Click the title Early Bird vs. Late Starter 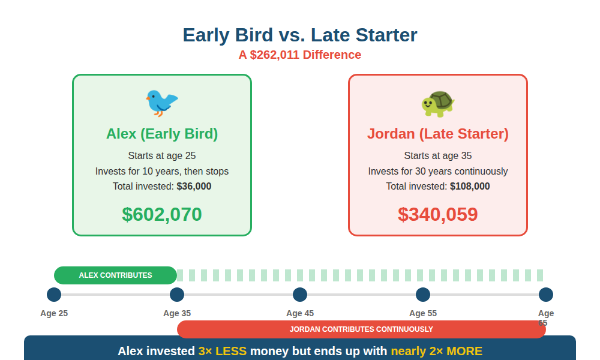[x=300, y=35]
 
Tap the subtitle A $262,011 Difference [x=300, y=55]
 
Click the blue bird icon [x=161, y=102]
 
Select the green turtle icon [x=438, y=103]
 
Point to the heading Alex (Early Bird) [x=162, y=134]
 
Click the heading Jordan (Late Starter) [x=438, y=134]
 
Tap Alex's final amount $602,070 [x=162, y=214]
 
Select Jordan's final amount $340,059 [x=438, y=214]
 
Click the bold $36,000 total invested [x=194, y=187]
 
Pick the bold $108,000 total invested [x=470, y=187]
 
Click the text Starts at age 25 [x=162, y=156]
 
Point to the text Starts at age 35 [x=438, y=156]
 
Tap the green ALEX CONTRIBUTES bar [x=116, y=275]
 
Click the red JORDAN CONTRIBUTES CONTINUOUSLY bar [x=361, y=329]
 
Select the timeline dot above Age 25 [x=54, y=295]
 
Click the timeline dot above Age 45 [x=300, y=295]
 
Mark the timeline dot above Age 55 [x=423, y=295]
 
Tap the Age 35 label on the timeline [x=177, y=313]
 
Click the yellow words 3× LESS [x=222, y=352]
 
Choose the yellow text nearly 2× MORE [x=436, y=352]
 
